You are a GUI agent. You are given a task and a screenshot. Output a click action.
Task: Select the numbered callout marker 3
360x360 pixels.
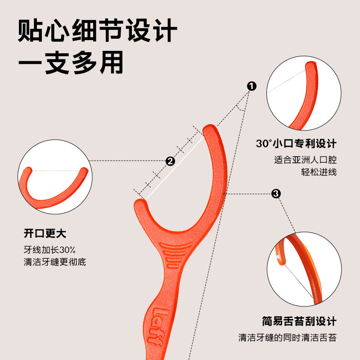276,194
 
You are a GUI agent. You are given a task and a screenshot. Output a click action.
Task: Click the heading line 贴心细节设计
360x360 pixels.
98,33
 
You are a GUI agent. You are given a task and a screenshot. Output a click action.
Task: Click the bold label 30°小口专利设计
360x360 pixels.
296,144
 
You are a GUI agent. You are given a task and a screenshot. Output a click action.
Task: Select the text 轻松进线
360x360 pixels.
319,172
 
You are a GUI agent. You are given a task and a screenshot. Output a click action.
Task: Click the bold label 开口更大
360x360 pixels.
45,234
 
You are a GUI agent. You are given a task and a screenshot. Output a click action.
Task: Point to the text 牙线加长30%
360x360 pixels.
49,250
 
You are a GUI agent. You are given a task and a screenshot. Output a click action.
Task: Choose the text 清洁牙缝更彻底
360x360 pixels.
54,261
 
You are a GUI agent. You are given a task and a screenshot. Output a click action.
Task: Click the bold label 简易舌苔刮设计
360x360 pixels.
299,321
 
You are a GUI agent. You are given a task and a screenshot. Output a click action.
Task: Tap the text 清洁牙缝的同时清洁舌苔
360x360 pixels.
287,337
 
